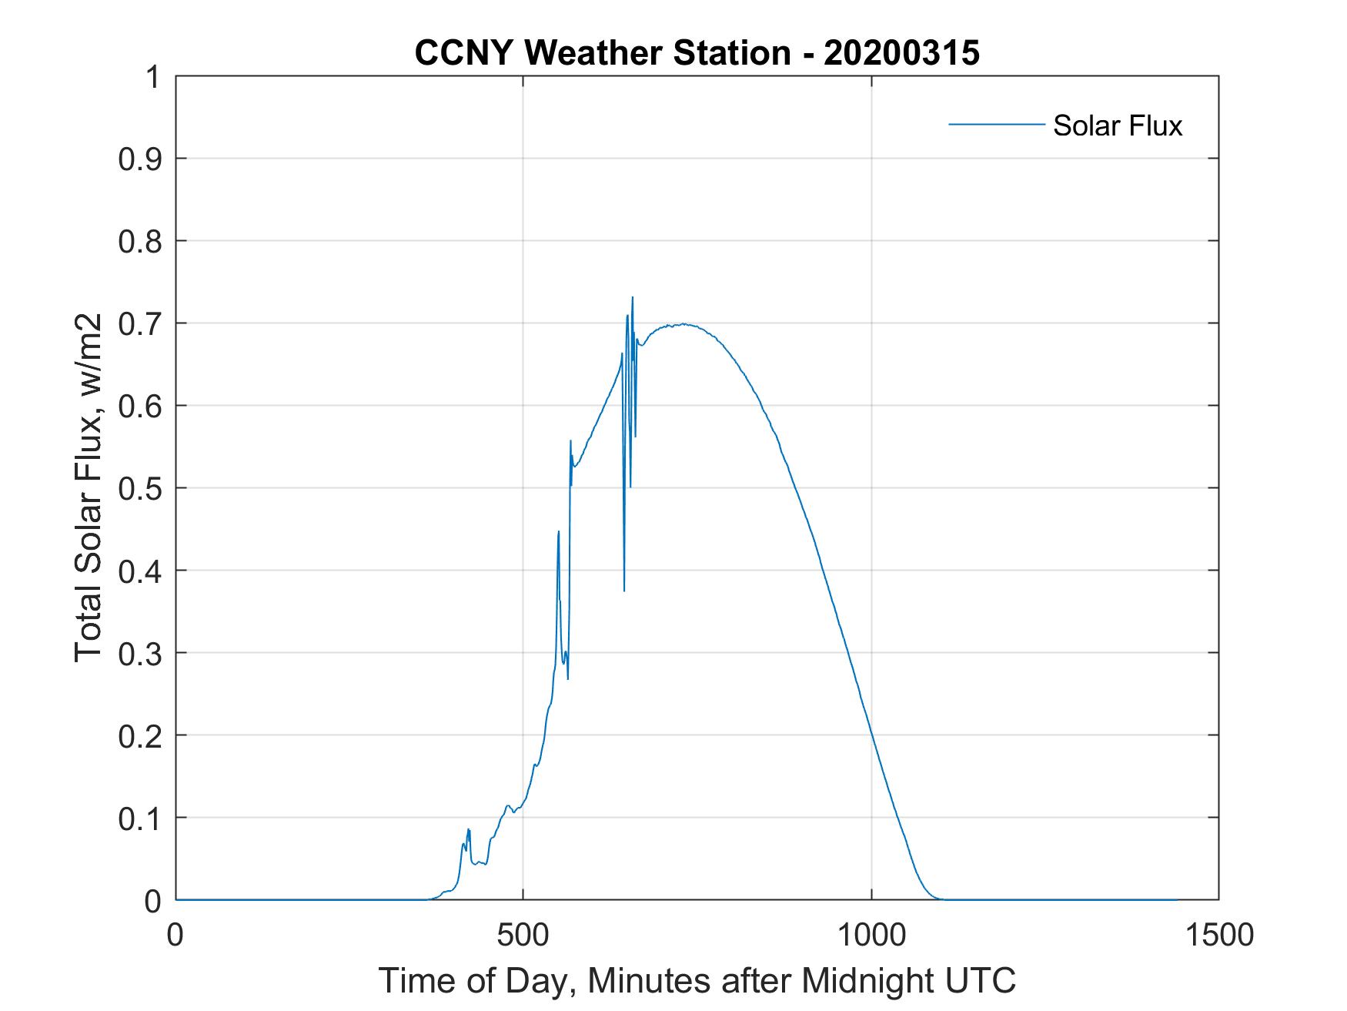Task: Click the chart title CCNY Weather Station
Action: click(602, 54)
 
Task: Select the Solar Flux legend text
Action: click(1117, 126)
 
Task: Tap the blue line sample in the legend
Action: click(996, 124)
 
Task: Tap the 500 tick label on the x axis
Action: click(523, 935)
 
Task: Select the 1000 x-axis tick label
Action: click(871, 935)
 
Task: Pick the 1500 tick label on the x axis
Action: click(1218, 935)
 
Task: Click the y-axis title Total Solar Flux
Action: click(89, 488)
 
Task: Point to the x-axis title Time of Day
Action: click(697, 981)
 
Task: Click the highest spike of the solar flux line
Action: click(632, 298)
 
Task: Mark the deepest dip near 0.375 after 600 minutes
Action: click(624, 589)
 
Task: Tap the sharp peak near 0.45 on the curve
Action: click(559, 532)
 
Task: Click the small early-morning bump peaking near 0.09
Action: click(468, 830)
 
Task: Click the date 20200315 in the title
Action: click(901, 54)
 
